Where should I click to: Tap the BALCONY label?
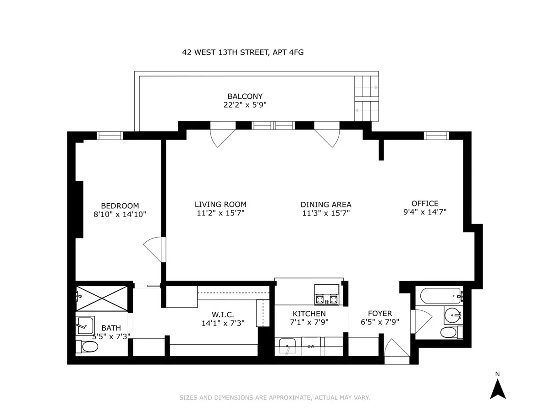(x=245, y=97)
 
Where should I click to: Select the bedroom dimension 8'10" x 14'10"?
(x=120, y=214)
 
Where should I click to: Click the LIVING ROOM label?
(x=220, y=205)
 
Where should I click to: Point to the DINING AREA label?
(x=326, y=205)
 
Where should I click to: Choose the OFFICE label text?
(x=425, y=204)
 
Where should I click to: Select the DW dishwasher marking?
(x=311, y=346)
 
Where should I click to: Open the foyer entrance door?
(x=396, y=351)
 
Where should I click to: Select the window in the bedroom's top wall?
(x=110, y=135)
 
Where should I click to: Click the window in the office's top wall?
(x=435, y=135)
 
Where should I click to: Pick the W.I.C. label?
(x=223, y=314)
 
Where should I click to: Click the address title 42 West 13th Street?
(x=243, y=53)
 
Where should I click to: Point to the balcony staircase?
(x=367, y=99)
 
